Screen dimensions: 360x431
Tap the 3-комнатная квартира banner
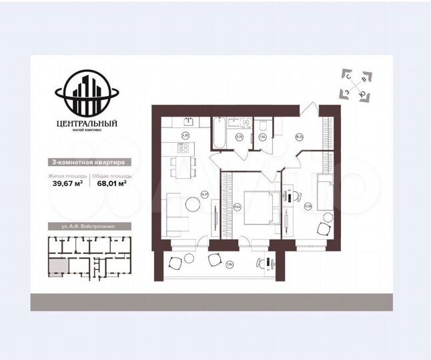87,162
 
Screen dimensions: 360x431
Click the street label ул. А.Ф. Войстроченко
87,227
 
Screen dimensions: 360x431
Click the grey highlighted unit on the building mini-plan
58,267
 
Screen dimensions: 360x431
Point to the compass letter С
348,76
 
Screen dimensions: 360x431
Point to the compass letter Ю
361,94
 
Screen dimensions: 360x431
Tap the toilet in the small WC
264,127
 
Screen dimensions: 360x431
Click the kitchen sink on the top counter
189,121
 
